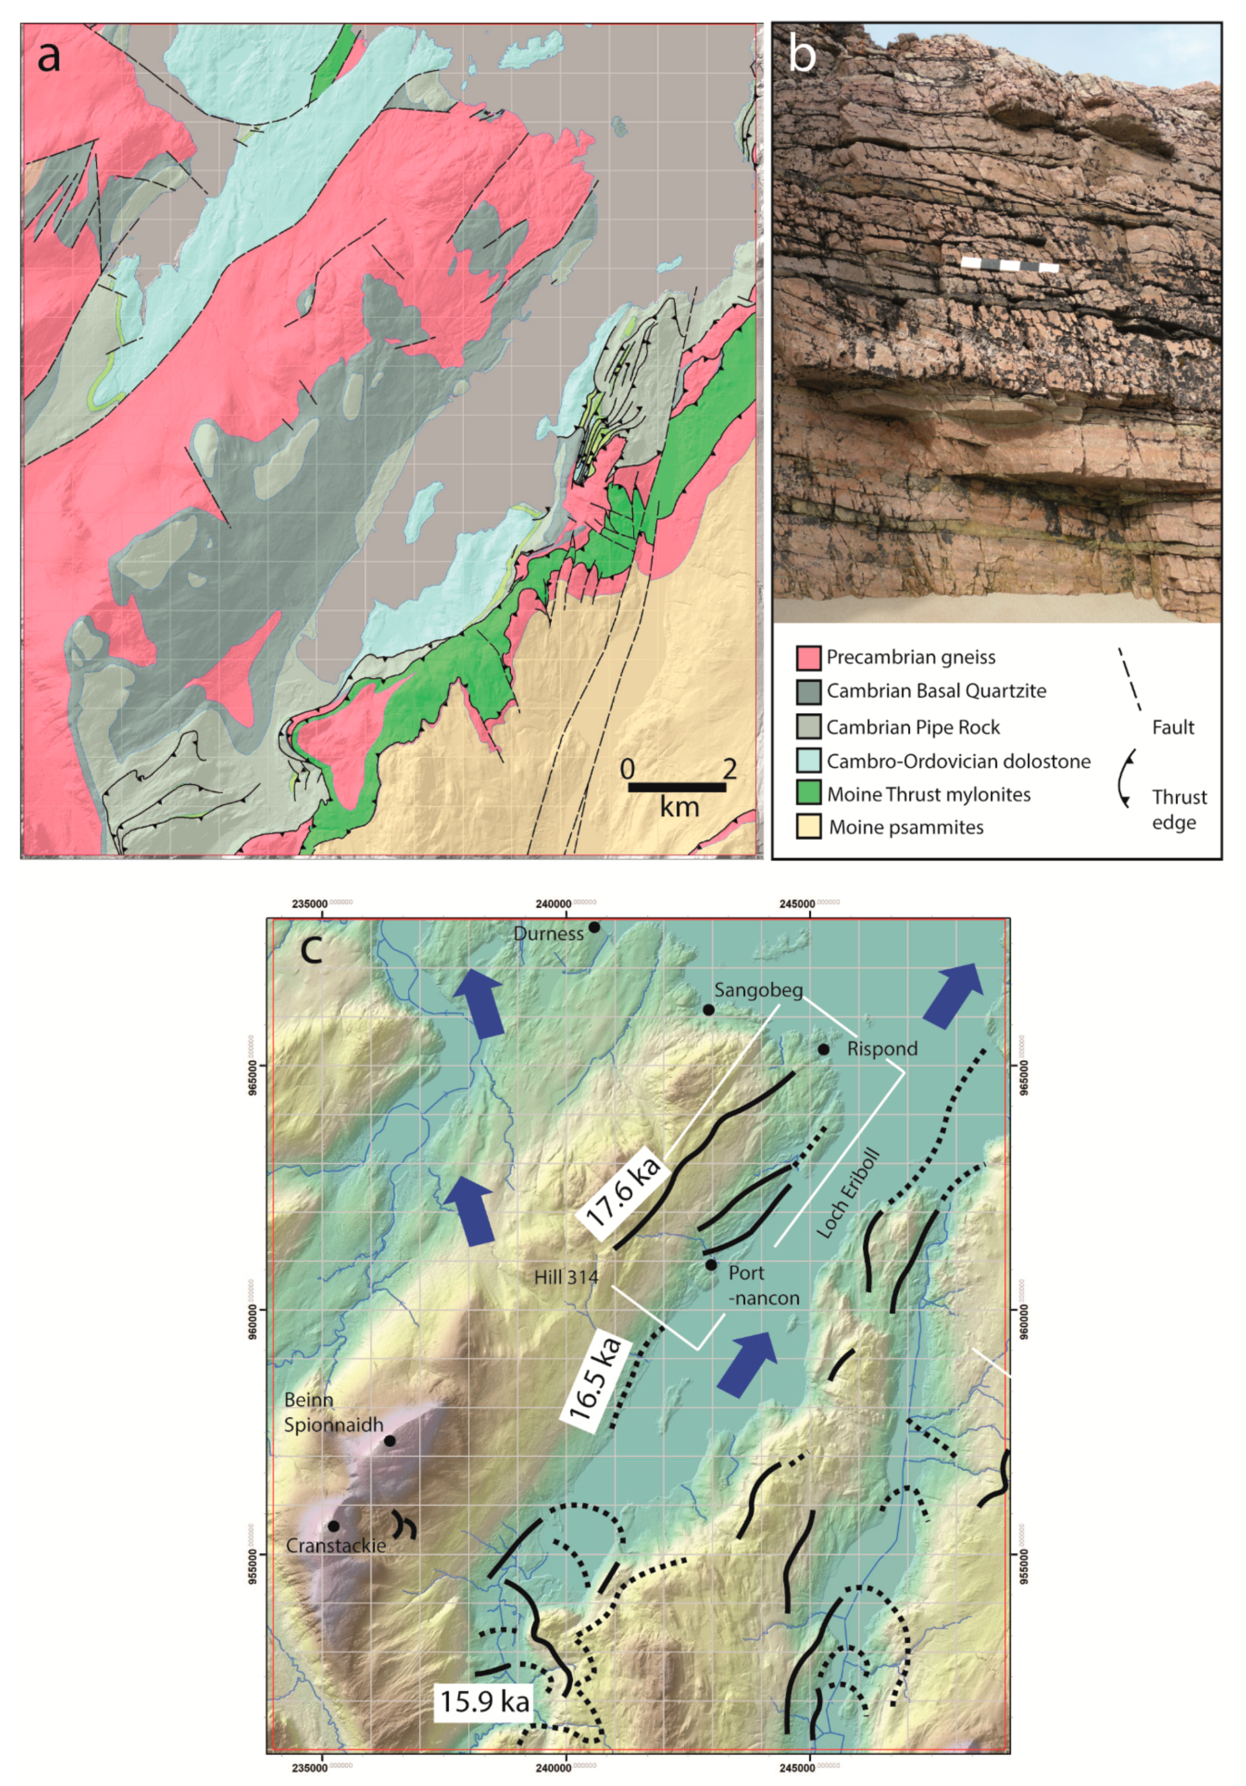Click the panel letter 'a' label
(48, 56)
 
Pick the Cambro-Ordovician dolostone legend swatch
(809, 761)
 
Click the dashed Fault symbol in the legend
(1130, 679)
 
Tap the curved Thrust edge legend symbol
(1125, 778)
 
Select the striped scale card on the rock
(1010, 265)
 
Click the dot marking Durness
(594, 927)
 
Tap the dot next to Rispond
(824, 1049)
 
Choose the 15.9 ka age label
(485, 1701)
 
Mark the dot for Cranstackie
(334, 1526)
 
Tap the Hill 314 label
(565, 1277)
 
